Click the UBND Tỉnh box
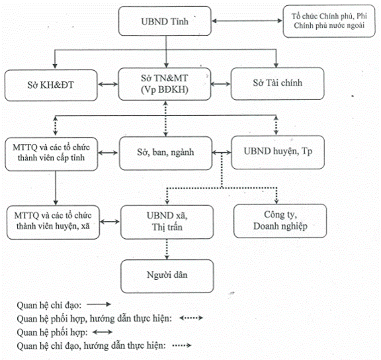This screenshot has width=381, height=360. point(165,21)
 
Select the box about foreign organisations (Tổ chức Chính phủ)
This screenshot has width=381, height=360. point(329,21)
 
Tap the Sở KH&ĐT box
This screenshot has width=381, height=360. point(51,85)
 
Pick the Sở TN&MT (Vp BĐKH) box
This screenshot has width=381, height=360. point(165,84)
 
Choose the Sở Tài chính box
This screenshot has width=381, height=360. point(278,83)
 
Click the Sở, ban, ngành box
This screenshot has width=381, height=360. point(166,153)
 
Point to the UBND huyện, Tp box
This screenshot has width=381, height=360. point(278,152)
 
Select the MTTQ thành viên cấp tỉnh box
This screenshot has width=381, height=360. point(52,154)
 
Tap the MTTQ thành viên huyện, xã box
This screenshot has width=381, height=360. point(53,222)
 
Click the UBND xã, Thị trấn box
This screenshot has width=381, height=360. point(167,222)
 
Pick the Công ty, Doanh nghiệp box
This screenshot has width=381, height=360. point(280,221)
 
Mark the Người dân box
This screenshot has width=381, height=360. point(167,276)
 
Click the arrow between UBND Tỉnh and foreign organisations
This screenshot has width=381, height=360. point(247,21)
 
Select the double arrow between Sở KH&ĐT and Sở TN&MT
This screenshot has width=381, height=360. point(108,84)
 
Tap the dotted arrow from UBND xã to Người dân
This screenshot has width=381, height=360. point(167,249)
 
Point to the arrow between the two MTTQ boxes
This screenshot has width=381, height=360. point(56,188)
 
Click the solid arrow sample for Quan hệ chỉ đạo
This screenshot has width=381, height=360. point(99,304)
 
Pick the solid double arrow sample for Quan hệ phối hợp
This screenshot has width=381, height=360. point(103,332)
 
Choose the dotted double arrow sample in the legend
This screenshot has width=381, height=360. point(191,318)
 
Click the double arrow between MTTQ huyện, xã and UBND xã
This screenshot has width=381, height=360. point(110,222)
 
